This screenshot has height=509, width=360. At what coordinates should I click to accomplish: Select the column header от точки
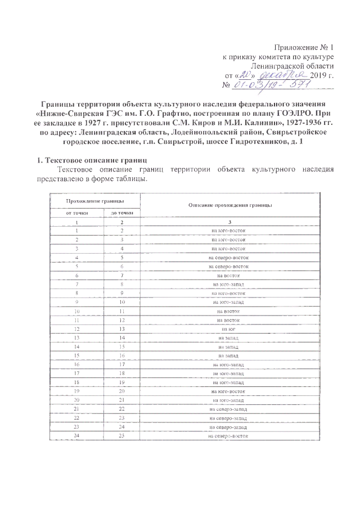76,212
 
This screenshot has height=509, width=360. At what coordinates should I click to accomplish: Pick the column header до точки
121,212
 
